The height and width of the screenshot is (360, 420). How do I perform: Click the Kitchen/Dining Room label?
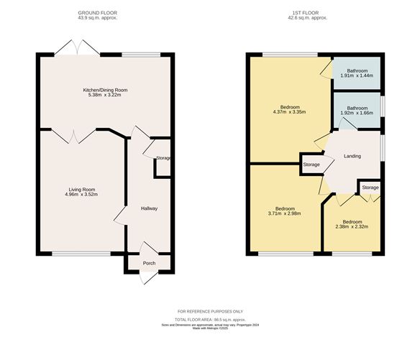[x=105, y=90]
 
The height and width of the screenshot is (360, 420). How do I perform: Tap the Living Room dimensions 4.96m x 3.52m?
[x=81, y=194]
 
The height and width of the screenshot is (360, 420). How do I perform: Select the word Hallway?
[x=149, y=208]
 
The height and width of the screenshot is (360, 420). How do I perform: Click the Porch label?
[x=149, y=263]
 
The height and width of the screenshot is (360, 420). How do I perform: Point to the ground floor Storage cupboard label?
[x=163, y=158]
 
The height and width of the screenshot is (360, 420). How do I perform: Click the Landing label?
[x=352, y=156]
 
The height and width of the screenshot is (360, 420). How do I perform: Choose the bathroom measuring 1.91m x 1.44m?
[x=357, y=73]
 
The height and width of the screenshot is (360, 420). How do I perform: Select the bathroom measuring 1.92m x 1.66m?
[x=357, y=111]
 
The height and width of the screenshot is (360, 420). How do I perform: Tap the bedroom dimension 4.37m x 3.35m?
[x=289, y=112]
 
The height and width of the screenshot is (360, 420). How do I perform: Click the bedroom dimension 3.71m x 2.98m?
[x=285, y=213]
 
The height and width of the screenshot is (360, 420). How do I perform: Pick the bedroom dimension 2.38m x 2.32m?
[x=352, y=226]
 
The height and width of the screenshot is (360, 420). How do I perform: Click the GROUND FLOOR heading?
[x=98, y=13]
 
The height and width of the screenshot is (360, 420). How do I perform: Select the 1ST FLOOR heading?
[x=306, y=13]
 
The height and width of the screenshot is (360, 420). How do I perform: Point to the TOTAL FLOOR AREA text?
[x=210, y=320]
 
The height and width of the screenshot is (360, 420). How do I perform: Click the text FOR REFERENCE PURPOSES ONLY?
[x=210, y=312]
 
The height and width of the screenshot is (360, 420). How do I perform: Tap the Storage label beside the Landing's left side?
[x=311, y=165]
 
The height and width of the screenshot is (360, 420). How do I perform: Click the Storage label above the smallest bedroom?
[x=370, y=188]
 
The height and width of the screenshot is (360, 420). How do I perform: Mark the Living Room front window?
[x=81, y=254]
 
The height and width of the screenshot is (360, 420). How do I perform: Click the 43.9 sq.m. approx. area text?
[x=98, y=18]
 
